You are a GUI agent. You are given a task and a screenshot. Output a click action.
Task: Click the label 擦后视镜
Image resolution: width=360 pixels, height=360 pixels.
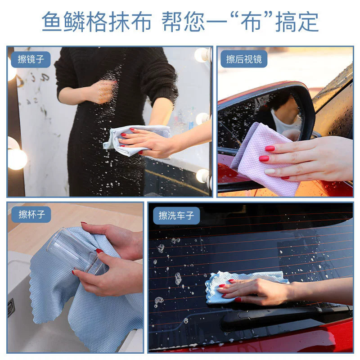(244, 59)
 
